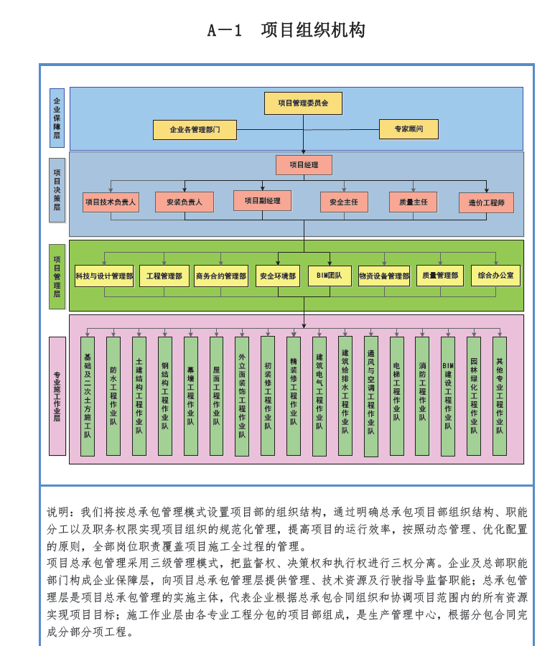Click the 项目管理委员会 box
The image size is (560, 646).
tap(303, 103)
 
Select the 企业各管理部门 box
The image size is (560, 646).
tap(194, 130)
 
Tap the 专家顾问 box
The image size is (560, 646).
tap(408, 129)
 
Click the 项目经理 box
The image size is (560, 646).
tap(304, 165)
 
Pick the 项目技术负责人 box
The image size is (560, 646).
tap(110, 202)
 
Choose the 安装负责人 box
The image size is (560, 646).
tap(184, 202)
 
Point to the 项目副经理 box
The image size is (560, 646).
tap(262, 201)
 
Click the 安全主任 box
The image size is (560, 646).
tap(344, 202)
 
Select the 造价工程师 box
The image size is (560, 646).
tap(487, 202)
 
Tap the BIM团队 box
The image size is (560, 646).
tap(330, 276)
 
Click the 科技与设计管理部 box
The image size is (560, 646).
tap(104, 276)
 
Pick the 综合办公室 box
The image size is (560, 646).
tap(495, 276)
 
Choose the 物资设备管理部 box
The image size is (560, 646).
tap(384, 276)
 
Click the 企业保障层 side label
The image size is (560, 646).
tap(57, 118)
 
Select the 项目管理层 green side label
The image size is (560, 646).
tap(57, 276)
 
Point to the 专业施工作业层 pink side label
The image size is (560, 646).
tap(57, 396)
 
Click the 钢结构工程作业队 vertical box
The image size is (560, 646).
tap(165, 396)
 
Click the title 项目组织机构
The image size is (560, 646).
tap(313, 30)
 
